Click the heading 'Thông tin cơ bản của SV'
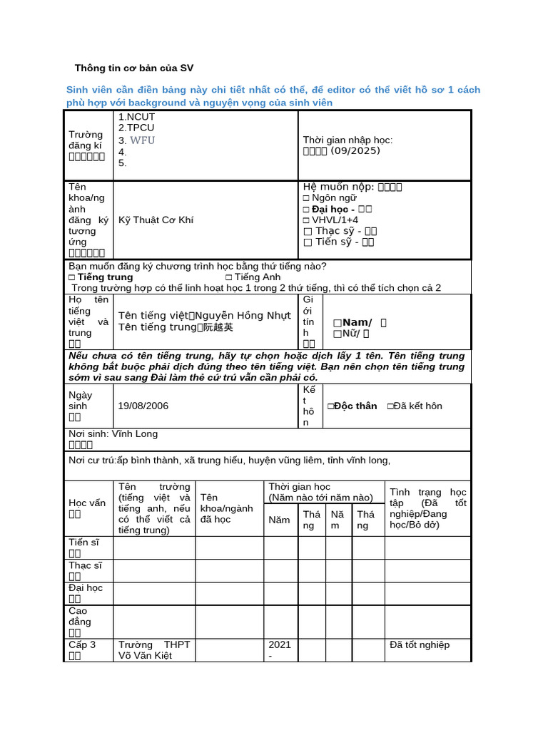(134, 68)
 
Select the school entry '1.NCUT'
(136, 117)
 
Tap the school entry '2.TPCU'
(136, 128)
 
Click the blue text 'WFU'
(142, 140)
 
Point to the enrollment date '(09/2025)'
(355, 151)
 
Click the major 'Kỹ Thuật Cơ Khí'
(156, 220)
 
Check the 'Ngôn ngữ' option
(330, 198)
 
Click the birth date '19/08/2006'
(143, 406)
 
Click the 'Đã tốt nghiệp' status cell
(420, 645)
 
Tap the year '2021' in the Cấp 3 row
(280, 645)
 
